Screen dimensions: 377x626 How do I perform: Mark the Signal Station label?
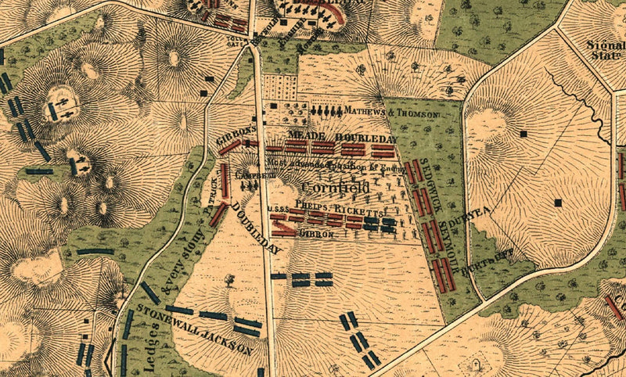606,31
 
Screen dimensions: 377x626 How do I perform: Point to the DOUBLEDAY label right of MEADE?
361,137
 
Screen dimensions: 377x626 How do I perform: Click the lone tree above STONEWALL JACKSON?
229,278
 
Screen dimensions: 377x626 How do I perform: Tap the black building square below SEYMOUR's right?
557,203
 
